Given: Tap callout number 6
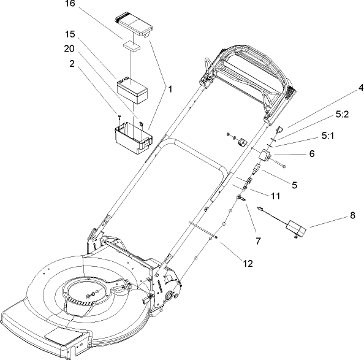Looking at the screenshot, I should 312,153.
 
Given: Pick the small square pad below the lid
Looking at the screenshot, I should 132,46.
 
